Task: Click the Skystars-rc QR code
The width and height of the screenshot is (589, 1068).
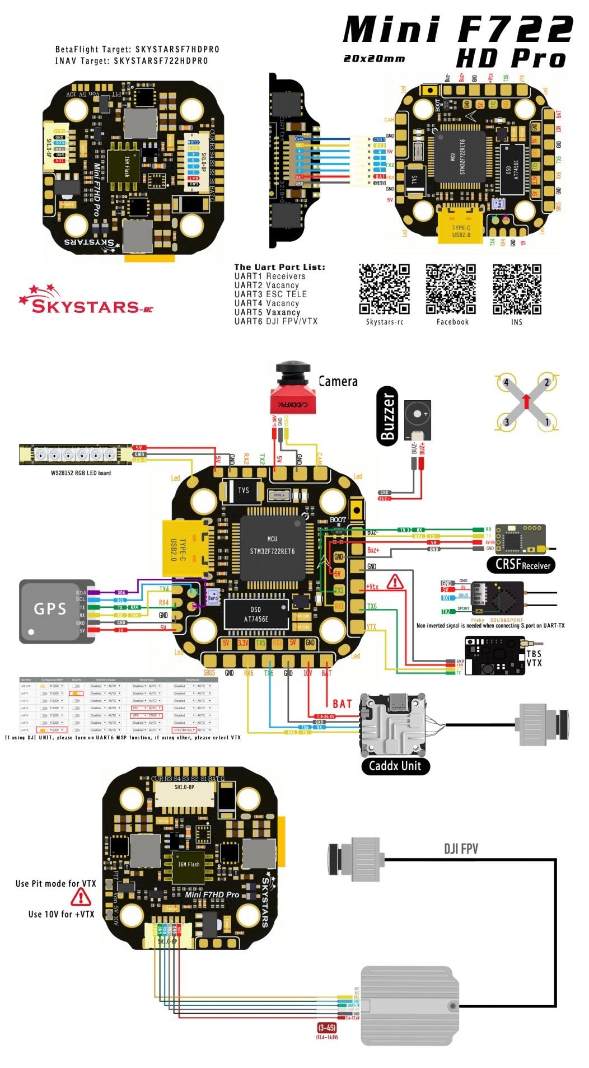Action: pos(384,289)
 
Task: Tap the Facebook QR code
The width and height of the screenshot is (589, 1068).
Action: pos(451,289)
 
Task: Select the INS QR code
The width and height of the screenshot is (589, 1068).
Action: pos(517,289)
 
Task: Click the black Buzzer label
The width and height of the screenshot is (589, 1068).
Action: pos(387,416)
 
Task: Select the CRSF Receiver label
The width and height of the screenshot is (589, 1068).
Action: pos(522,565)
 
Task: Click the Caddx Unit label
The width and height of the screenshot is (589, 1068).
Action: pos(395,766)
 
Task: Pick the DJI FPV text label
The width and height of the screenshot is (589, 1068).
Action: pos(461,849)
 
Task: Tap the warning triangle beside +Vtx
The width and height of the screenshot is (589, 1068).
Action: pos(395,582)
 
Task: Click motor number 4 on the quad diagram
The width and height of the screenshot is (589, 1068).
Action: pos(506,383)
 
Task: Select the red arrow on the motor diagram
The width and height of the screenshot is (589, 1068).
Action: pos(526,401)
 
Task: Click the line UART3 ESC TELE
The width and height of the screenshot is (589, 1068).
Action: pos(270,294)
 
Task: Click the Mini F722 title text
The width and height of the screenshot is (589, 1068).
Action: pos(457,29)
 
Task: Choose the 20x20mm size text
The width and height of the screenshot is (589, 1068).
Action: pos(374,58)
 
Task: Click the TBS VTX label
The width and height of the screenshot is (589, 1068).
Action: pos(534,658)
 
